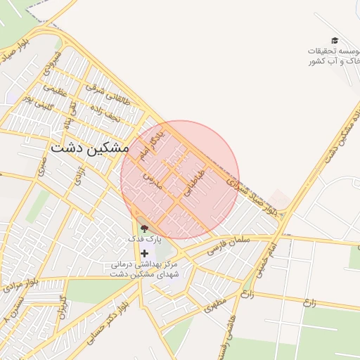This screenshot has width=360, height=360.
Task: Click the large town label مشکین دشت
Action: (89, 149)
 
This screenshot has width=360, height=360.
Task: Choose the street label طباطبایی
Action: (195, 181)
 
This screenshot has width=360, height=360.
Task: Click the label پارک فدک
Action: (144, 239)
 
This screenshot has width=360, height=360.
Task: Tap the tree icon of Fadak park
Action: (145, 227)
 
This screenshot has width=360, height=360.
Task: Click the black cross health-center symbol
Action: (145, 253)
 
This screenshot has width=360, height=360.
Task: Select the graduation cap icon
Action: (334, 41)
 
